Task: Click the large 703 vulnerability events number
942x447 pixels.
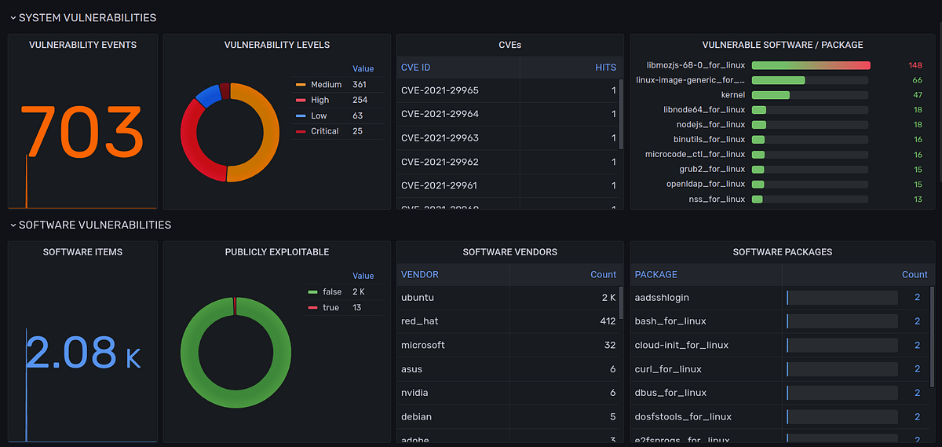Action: click(81, 131)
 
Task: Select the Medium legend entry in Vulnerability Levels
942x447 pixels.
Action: click(326, 85)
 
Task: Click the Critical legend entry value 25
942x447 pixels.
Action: click(358, 131)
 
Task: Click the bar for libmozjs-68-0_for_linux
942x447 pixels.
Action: click(810, 65)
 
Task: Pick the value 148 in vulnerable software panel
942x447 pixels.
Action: click(915, 65)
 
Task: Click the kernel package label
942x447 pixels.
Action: click(732, 95)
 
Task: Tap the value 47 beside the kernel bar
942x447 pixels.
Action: click(917, 95)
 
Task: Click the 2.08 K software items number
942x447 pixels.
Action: click(82, 353)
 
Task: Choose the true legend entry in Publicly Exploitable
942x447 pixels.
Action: click(330, 307)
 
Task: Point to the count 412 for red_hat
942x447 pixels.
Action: click(608, 321)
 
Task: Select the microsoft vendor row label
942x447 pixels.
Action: click(422, 345)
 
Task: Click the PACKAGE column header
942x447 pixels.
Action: click(655, 275)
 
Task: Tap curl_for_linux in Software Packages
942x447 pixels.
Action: click(668, 369)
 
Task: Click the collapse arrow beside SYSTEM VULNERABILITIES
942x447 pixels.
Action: click(13, 17)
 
